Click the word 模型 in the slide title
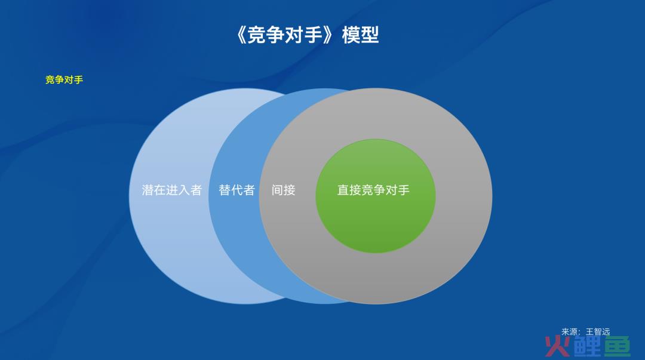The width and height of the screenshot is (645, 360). pyautogui.click(x=360, y=35)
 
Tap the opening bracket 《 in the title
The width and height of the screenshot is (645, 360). pyautogui.click(x=242, y=35)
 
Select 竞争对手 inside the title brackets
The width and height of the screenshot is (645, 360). pyautogui.click(x=285, y=35)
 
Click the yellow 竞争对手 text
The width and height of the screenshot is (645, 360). pyautogui.click(x=64, y=80)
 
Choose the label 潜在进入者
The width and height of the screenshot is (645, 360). pyautogui.click(x=172, y=190)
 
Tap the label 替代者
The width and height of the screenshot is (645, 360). pyautogui.click(x=237, y=190)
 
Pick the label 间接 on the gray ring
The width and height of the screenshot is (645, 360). pyautogui.click(x=284, y=190)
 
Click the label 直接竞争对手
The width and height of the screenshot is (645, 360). pyautogui.click(x=373, y=190)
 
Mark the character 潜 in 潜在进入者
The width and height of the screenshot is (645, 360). pyautogui.click(x=148, y=190)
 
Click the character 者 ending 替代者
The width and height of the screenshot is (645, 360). pyautogui.click(x=249, y=190)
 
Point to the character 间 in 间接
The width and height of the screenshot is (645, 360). pyautogui.click(x=277, y=190)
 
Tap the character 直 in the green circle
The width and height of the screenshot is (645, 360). pyautogui.click(x=343, y=190)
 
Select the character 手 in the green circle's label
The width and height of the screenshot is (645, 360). pyautogui.click(x=404, y=190)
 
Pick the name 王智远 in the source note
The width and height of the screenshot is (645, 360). pyautogui.click(x=598, y=331)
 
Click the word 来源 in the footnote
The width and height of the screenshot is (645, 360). pyautogui.click(x=570, y=331)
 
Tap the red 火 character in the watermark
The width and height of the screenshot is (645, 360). pyautogui.click(x=557, y=346)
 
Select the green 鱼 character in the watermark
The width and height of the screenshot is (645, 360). pyautogui.click(x=618, y=346)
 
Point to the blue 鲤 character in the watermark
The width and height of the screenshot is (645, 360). pyautogui.click(x=588, y=346)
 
